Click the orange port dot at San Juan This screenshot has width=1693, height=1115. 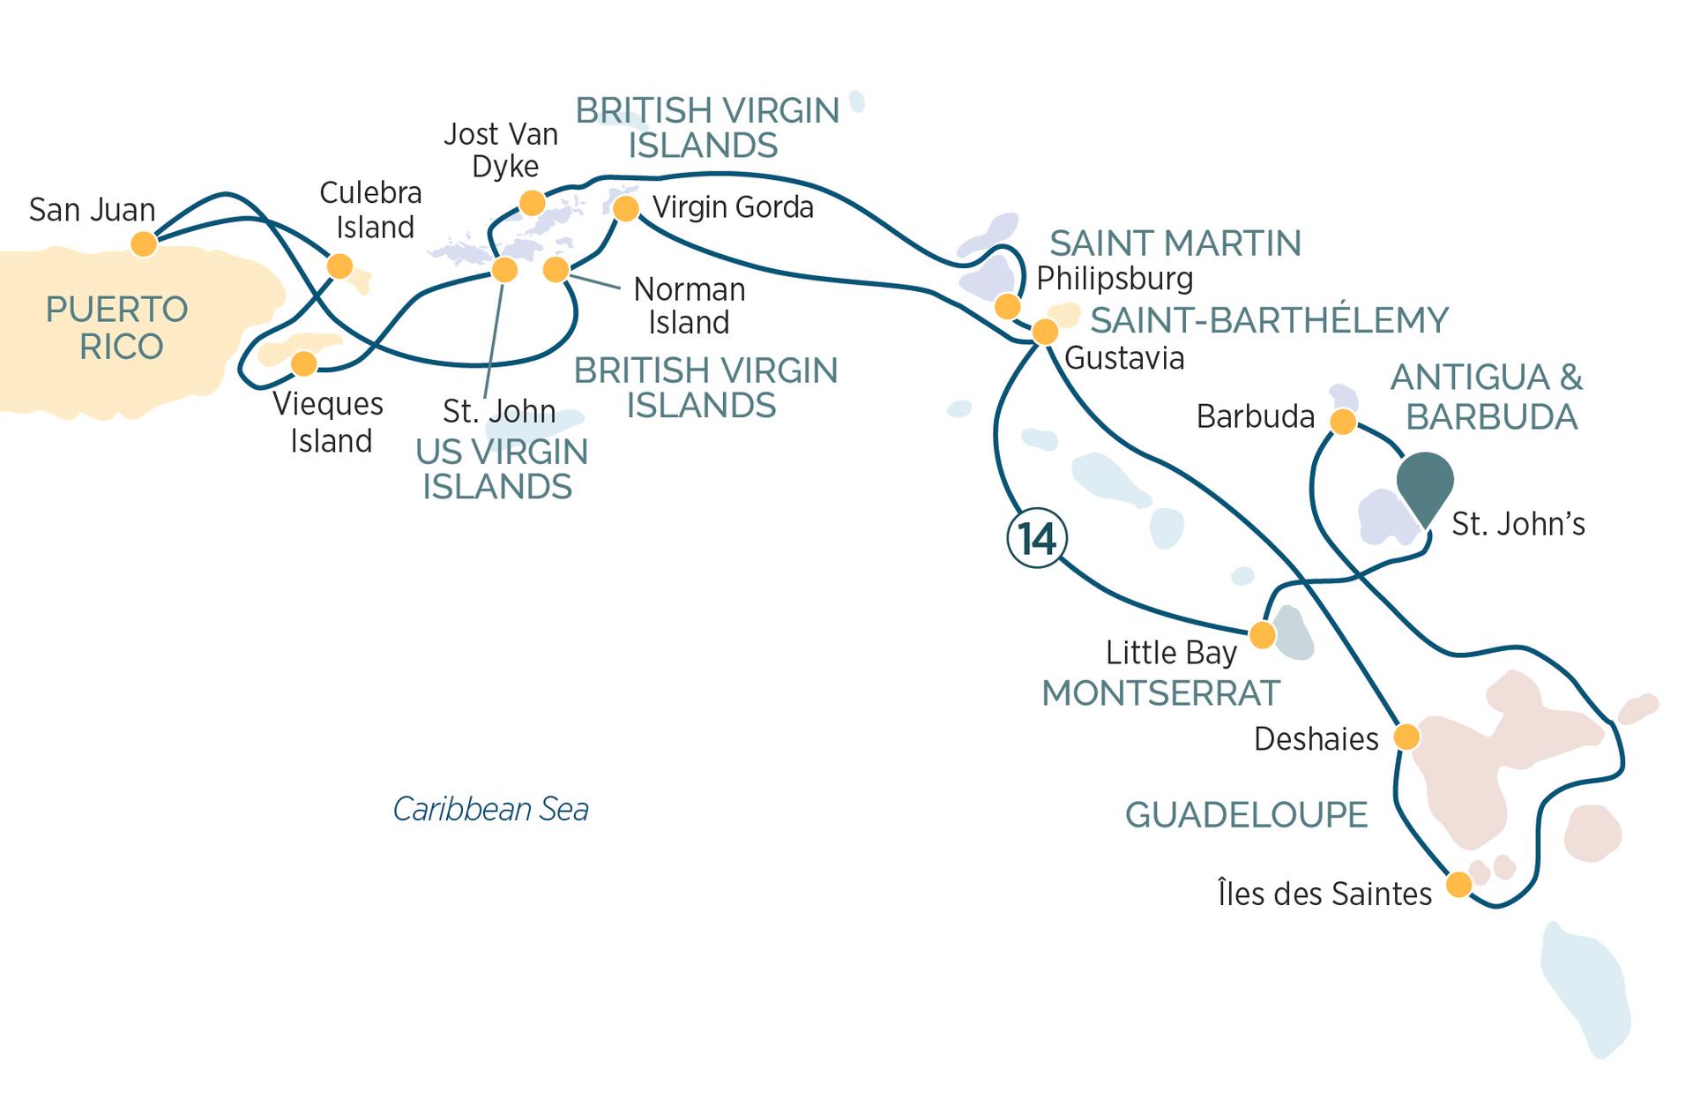[x=144, y=243]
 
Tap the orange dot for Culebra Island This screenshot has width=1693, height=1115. [x=339, y=266]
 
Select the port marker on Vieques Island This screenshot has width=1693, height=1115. [x=303, y=363]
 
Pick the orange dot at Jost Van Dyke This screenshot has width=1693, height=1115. [x=532, y=204]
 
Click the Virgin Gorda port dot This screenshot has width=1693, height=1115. [x=625, y=209]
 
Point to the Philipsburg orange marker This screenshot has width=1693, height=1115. [x=1007, y=306]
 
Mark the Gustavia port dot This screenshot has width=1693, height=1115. [x=1045, y=332]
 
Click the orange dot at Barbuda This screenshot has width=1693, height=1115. [x=1342, y=423]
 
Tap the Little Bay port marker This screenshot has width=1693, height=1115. [x=1263, y=634]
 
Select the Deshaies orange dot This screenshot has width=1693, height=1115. [x=1406, y=736]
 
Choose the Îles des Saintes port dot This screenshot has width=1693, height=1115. [x=1458, y=884]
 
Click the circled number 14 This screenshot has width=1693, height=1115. [x=1037, y=538]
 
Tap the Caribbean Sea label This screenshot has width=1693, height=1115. [x=490, y=809]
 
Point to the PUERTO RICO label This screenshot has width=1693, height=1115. [x=118, y=328]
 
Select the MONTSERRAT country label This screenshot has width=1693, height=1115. [x=1160, y=693]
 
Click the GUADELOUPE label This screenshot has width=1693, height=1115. [x=1246, y=815]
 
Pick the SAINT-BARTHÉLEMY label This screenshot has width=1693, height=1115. [x=1269, y=320]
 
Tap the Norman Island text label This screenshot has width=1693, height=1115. [x=689, y=305]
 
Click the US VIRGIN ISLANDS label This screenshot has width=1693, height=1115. [x=500, y=468]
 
